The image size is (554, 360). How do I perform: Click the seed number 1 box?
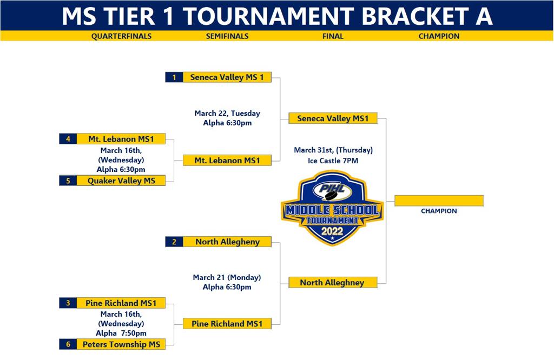174,77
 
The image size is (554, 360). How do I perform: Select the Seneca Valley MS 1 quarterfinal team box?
227,77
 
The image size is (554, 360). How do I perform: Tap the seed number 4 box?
68,139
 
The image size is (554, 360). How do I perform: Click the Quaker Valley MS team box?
121,181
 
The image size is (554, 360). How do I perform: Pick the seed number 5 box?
68,181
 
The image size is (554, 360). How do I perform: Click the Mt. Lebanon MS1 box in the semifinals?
227,161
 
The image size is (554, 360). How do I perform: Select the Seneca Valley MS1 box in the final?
333,118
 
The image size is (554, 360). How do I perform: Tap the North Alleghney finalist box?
332,282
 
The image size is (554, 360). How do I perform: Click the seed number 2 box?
174,242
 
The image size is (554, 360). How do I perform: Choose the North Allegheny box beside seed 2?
227,242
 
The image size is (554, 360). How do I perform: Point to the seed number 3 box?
68,303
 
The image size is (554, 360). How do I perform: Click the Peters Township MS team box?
121,344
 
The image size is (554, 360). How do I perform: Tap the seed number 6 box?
68,344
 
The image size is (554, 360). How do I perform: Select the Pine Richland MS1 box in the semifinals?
227,323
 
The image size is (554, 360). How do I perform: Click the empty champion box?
439,201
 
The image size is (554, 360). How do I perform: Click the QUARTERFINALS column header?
121,36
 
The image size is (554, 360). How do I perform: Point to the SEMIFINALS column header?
227,36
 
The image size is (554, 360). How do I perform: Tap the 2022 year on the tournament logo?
332,231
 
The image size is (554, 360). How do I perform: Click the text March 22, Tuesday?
227,114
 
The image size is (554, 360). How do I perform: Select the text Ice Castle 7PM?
333,161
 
